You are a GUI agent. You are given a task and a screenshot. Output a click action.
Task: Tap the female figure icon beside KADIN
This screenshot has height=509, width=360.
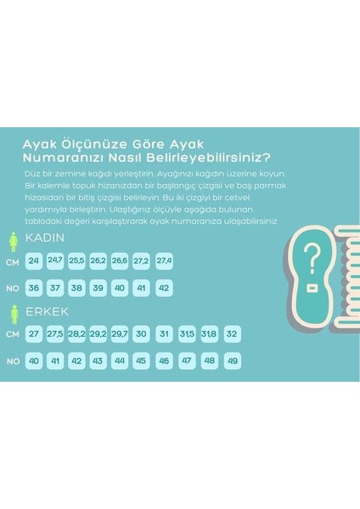tap(12, 242)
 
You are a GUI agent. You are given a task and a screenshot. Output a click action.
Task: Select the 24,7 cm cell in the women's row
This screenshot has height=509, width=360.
tap(55, 260)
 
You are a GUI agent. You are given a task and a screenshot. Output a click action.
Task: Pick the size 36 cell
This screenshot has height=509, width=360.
tap(34, 288)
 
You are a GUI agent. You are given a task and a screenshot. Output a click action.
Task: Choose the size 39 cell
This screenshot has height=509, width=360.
tap(98, 288)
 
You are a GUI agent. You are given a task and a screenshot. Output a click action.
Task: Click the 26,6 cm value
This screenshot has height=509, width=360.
tap(119, 260)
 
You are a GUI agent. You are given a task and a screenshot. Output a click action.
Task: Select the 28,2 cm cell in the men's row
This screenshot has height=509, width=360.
tap(76, 334)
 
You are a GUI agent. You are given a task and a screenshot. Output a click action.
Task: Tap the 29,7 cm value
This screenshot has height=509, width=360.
tap(119, 334)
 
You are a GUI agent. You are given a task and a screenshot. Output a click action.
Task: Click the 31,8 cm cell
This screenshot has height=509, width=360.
tap(208, 334)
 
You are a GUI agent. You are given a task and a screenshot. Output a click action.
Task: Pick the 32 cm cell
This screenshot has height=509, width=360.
tap(232, 334)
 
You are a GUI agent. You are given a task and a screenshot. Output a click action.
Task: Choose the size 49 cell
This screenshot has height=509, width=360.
tap(232, 361)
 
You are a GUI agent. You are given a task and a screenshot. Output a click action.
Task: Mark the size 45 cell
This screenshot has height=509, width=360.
tap(141, 361)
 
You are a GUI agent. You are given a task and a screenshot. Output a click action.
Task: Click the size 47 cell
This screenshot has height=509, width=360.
tap(186, 361)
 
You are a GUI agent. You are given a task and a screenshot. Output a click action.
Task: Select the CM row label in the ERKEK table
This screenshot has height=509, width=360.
tap(12, 335)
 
